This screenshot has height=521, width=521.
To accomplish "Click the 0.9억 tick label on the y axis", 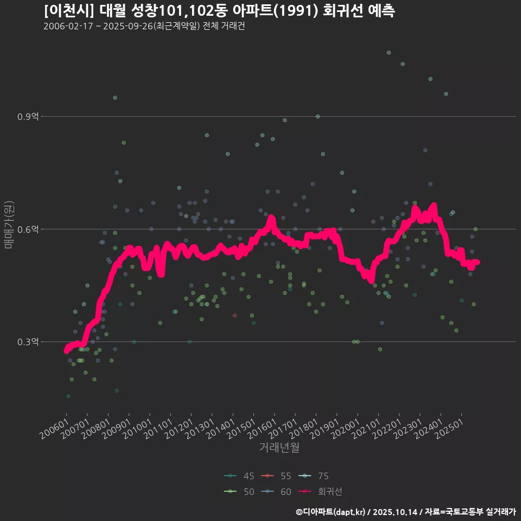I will [28, 117].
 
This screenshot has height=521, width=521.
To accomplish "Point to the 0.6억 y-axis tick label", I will [28, 230].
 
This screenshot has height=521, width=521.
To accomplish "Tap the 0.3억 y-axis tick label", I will [28, 342].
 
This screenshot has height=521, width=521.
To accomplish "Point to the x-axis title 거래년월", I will [279, 448].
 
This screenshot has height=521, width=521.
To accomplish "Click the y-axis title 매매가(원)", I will [9, 225].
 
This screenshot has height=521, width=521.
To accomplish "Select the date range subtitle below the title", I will [144, 27].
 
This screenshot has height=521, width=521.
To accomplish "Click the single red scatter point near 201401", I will [234, 315].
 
